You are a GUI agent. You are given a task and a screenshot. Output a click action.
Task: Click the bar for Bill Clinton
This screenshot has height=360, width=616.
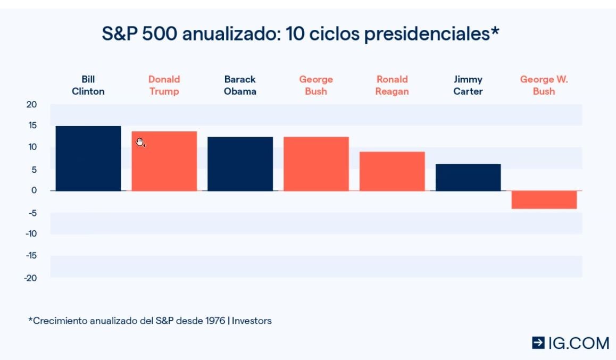coord(88,158)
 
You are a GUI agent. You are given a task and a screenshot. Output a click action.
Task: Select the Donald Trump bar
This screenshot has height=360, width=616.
coord(164,161)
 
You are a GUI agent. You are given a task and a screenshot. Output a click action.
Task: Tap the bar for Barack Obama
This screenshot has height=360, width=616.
coord(240,164)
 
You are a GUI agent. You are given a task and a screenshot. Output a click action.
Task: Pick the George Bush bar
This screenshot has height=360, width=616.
coord(316,164)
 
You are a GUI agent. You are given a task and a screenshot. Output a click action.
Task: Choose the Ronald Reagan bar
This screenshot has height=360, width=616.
coord(392,171)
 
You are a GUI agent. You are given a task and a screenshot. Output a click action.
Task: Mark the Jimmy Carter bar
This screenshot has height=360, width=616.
coord(468,177)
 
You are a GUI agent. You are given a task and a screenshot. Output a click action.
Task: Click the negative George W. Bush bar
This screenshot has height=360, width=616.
coord(544,200)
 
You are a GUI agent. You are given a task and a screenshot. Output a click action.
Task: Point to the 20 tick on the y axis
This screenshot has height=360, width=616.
coord(32,104)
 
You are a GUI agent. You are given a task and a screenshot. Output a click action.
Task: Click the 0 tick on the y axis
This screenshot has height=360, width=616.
coord(34,190)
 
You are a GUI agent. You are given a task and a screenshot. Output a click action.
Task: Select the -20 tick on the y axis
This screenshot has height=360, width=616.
coord(30,278)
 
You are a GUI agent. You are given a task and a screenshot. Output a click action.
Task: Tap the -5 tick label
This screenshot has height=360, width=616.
coord(32,213)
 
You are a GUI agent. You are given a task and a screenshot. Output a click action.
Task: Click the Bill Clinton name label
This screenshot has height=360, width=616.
coord(88,85)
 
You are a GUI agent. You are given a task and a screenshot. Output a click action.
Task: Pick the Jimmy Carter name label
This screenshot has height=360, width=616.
coord(468,85)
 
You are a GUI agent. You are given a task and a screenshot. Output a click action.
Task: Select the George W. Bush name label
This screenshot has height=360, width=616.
coord(544,85)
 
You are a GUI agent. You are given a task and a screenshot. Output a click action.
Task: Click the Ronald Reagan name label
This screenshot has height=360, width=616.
coord(392,85)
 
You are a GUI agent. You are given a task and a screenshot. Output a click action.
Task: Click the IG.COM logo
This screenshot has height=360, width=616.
coord(571,343)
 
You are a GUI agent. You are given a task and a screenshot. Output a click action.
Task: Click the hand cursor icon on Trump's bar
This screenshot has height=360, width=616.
coord(140,142)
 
